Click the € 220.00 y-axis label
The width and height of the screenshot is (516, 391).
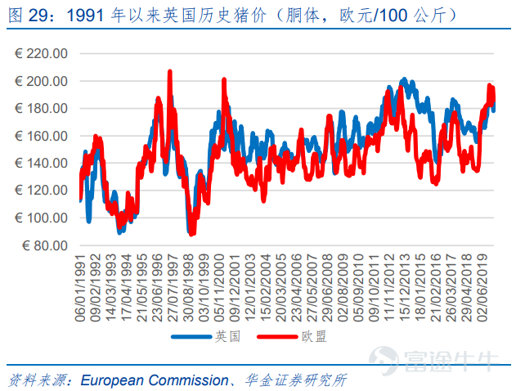42,54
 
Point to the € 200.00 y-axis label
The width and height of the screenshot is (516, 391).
42,81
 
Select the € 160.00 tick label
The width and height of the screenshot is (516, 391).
42,136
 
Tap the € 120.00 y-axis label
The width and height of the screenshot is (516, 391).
42,191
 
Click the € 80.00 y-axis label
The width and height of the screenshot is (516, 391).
44,245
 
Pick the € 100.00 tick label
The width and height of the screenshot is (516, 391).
42,218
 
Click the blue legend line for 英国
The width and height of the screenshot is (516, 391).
190,337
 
